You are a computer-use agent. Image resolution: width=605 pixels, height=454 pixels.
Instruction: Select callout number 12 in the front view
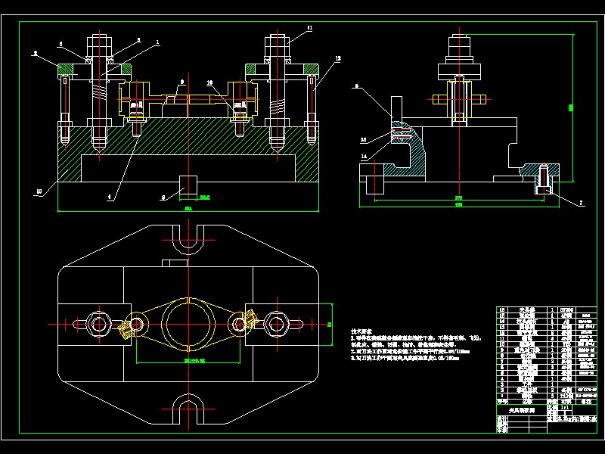(337, 58)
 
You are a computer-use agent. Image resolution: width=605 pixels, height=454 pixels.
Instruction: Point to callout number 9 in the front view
(182, 81)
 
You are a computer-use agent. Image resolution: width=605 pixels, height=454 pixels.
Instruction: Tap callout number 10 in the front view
(209, 82)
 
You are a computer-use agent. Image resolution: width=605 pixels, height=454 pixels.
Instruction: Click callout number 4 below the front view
(109, 197)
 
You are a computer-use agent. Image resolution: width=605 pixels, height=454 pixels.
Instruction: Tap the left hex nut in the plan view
(99, 324)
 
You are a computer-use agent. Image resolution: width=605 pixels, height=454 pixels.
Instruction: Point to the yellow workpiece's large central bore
(187, 323)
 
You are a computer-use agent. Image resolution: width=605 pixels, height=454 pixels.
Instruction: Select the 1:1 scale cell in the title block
(557, 406)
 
